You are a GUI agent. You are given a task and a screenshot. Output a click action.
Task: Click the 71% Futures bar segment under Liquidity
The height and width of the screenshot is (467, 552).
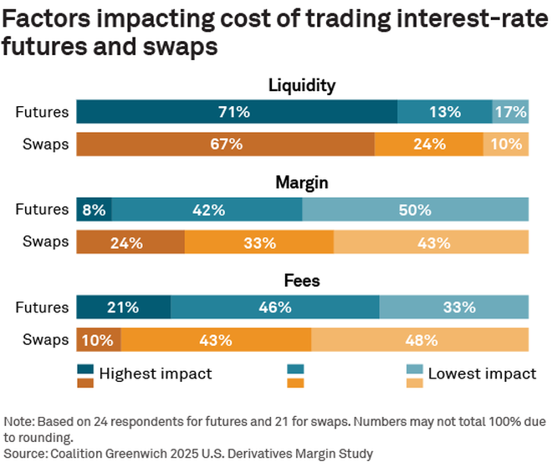237,112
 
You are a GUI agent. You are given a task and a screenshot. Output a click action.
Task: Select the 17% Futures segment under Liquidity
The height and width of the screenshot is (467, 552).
510,112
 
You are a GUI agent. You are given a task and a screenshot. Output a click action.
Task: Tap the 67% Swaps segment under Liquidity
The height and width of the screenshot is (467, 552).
226,145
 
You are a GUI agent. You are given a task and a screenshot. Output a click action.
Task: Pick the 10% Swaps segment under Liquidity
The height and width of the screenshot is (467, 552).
506,145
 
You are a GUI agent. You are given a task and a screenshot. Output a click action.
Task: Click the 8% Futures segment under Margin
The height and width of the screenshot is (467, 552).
94,211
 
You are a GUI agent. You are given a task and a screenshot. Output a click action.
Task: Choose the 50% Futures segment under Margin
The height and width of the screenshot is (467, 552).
415,211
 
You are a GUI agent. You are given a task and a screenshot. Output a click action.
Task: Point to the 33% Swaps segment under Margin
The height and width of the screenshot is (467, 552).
259,243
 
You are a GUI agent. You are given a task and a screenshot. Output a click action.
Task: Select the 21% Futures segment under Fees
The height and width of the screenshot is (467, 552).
123,307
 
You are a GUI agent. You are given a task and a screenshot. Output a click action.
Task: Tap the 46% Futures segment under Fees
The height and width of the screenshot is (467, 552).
275,307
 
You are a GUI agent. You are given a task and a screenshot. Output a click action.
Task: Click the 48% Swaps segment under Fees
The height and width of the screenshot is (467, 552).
420,340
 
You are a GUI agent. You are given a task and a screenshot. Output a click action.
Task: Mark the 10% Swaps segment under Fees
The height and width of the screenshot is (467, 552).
99,340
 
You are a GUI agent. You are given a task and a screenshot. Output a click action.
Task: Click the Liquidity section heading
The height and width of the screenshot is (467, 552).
302,85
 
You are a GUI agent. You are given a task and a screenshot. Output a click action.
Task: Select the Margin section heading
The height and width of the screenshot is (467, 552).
302,183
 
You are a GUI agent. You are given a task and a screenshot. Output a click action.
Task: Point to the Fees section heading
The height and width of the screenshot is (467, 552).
302,282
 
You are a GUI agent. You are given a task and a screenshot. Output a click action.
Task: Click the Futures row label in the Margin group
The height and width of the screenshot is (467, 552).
42,211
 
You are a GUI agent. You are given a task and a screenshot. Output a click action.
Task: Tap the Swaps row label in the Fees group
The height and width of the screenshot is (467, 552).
45,340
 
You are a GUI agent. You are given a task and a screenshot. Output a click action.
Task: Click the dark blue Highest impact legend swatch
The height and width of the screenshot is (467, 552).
85,369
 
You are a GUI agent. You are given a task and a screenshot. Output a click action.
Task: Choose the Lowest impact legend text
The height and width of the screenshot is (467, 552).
482,373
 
